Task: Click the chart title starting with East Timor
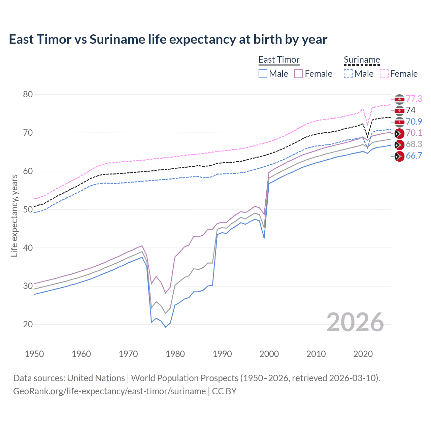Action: coord(168,39)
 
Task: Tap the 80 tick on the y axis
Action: coord(28,94)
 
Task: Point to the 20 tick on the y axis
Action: coord(28,324)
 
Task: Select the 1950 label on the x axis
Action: coord(34,354)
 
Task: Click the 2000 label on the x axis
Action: coord(269,354)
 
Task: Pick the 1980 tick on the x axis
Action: coord(175,354)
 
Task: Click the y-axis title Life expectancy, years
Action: coord(14,215)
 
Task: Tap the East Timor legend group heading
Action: coord(279,60)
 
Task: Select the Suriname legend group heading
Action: coord(362,60)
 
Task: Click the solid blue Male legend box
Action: coord(263,74)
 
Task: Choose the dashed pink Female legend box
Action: coord(384,74)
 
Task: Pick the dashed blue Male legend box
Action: coord(348,74)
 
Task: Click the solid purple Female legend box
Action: coord(299,74)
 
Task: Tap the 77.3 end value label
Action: coord(414,99)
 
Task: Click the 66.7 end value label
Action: coord(414,156)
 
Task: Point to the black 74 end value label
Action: coord(411,110)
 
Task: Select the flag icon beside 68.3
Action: coord(399,144)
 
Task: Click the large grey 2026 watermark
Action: coord(355,322)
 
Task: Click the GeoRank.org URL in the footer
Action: coord(109,391)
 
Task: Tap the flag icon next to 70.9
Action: coord(399,122)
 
